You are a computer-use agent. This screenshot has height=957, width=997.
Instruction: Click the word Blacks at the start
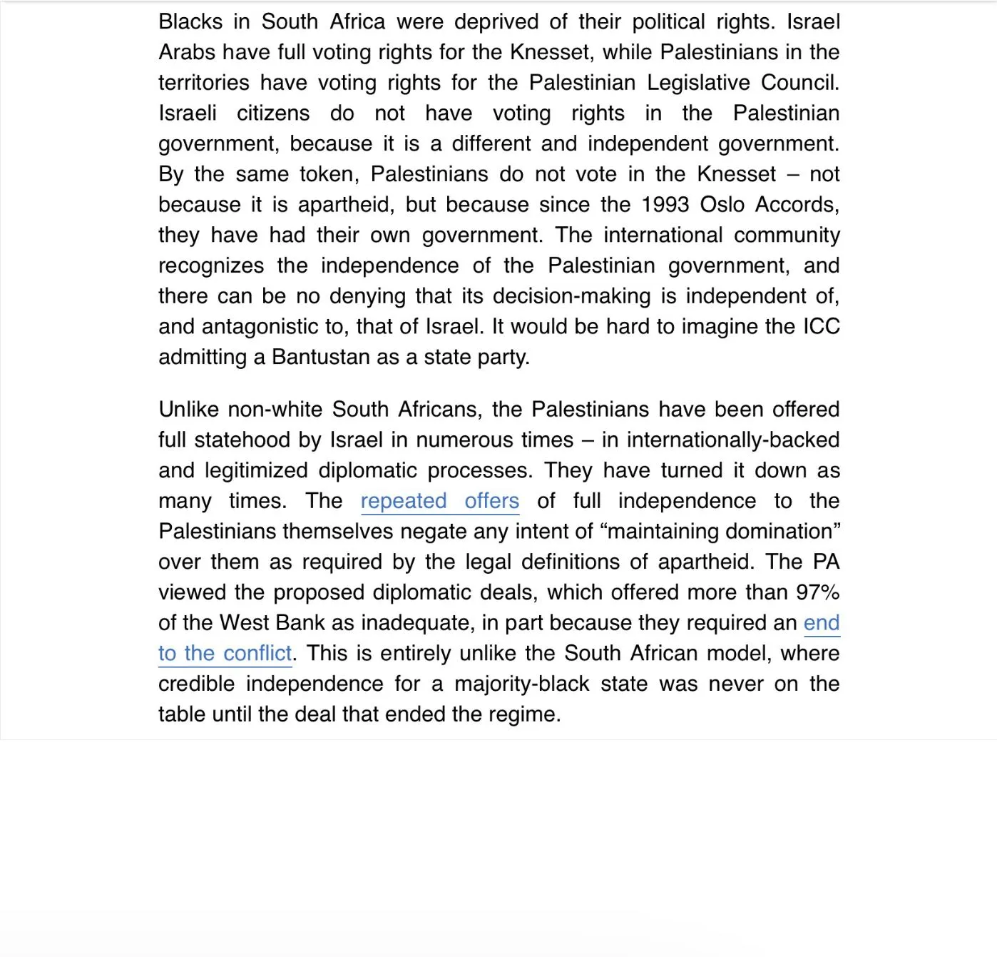point(190,22)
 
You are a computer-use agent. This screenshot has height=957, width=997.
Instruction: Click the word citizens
point(273,114)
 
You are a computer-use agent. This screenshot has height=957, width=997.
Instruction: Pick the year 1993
point(665,206)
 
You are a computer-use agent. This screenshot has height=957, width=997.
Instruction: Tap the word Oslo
point(722,206)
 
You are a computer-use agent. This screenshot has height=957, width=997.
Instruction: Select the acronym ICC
point(822,328)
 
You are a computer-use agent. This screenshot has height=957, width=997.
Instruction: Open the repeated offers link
point(439,502)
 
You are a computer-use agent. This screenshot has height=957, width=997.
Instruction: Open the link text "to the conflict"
point(225,654)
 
